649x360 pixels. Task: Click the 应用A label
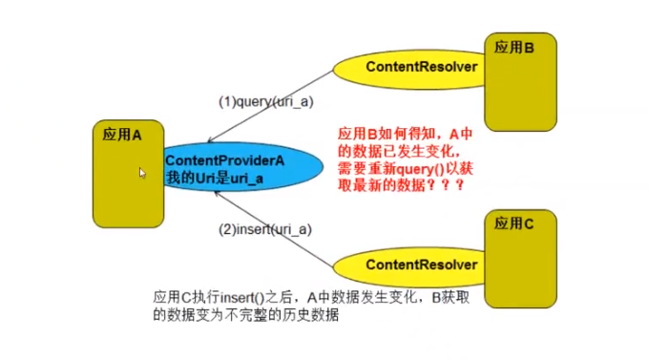(x=122, y=135)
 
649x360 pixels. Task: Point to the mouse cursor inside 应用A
(x=142, y=174)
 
